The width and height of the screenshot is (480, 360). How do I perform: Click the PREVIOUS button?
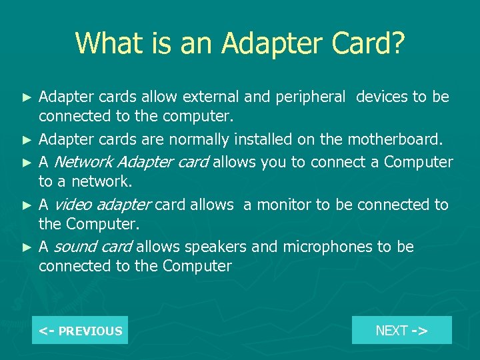pyautogui.click(x=80, y=330)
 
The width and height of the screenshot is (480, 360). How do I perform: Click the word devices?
pyautogui.click(x=381, y=97)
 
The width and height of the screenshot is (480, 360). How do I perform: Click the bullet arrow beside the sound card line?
pyautogui.click(x=27, y=247)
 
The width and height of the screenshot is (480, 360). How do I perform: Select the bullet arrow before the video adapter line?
pyautogui.click(x=27, y=205)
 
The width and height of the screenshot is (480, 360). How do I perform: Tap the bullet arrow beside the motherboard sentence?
pyautogui.click(x=27, y=140)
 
